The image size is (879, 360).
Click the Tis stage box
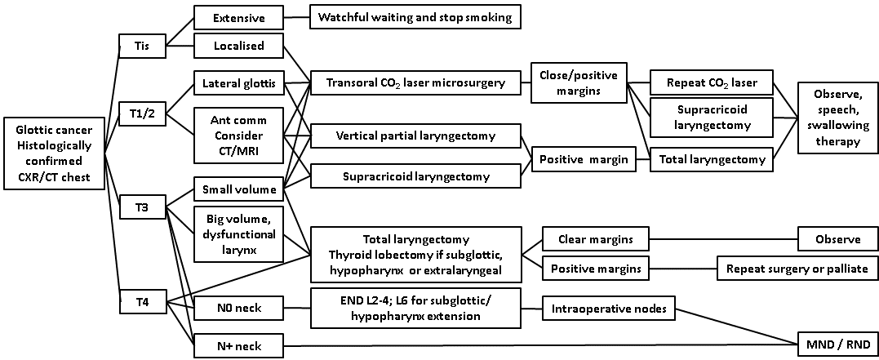point(141,46)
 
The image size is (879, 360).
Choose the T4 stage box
point(141,300)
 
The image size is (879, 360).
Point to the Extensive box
point(238,17)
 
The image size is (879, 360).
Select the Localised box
point(238,46)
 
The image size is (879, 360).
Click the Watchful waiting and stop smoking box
point(415,17)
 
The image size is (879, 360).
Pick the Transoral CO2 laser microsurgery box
point(415,82)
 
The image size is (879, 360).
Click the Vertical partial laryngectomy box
point(415,135)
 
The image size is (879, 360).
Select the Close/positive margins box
point(579,82)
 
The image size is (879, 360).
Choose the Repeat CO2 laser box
point(711,82)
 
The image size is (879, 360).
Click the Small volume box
point(238,190)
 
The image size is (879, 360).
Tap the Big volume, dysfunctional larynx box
point(238,232)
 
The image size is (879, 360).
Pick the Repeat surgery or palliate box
point(797,267)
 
